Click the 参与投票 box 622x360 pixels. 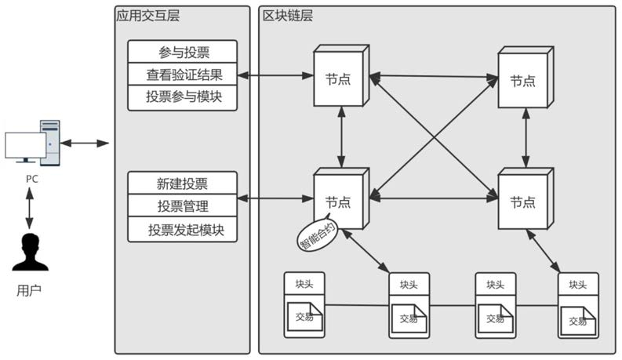click(x=182, y=53)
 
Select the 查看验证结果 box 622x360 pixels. click(x=182, y=75)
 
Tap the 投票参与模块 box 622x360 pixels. click(x=182, y=97)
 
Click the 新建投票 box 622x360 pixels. click(x=182, y=184)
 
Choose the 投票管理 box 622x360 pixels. click(x=182, y=205)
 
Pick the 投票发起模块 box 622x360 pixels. click(x=182, y=229)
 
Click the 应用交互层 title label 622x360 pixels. click(x=147, y=16)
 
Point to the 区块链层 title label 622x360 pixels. click(x=288, y=16)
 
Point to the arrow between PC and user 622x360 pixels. click(x=30, y=209)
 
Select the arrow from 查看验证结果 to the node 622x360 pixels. click(x=275, y=76)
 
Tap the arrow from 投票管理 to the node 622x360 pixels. click(x=275, y=198)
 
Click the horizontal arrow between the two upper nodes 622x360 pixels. click(x=435, y=76)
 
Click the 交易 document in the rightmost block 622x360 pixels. click(x=578, y=319)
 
